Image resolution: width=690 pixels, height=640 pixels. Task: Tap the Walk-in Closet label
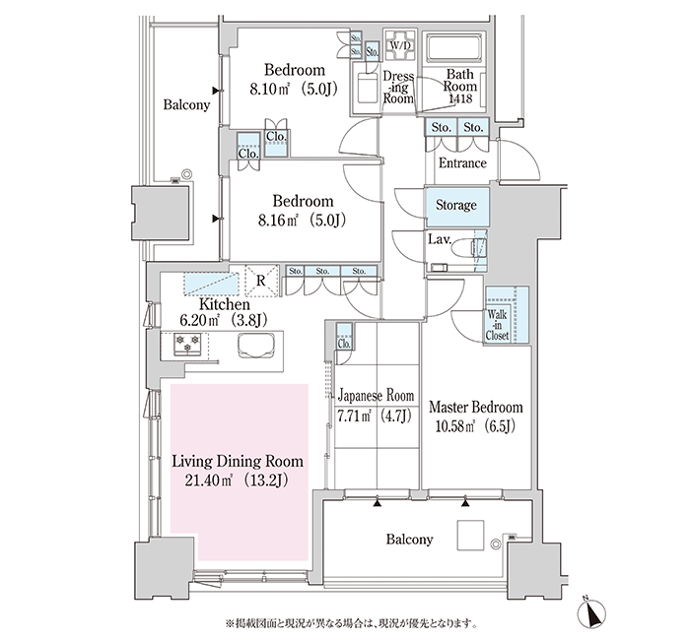[497, 325]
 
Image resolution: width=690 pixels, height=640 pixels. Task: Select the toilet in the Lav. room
[469, 248]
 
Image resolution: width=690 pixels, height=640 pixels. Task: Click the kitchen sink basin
[256, 345]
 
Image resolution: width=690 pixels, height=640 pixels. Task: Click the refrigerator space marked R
[261, 281]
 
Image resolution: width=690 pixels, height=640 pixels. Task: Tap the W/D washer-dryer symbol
[400, 45]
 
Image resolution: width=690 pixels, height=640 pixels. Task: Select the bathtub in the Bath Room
[453, 47]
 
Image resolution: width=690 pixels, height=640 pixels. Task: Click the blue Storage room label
[456, 205]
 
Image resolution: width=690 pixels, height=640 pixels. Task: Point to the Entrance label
[462, 163]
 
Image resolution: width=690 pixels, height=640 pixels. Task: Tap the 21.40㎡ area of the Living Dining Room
[208, 480]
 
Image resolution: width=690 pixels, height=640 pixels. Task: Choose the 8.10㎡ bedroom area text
[269, 90]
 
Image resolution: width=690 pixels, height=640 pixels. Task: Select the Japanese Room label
[376, 396]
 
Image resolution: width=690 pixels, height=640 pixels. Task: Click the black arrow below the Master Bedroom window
[465, 503]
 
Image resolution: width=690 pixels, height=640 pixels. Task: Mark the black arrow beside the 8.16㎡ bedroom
[216, 219]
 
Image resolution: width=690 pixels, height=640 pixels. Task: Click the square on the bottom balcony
[470, 535]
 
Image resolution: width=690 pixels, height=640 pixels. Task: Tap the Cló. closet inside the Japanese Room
[344, 344]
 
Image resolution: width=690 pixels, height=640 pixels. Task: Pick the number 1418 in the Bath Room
[460, 98]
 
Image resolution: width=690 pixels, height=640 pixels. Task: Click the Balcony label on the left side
[186, 105]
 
